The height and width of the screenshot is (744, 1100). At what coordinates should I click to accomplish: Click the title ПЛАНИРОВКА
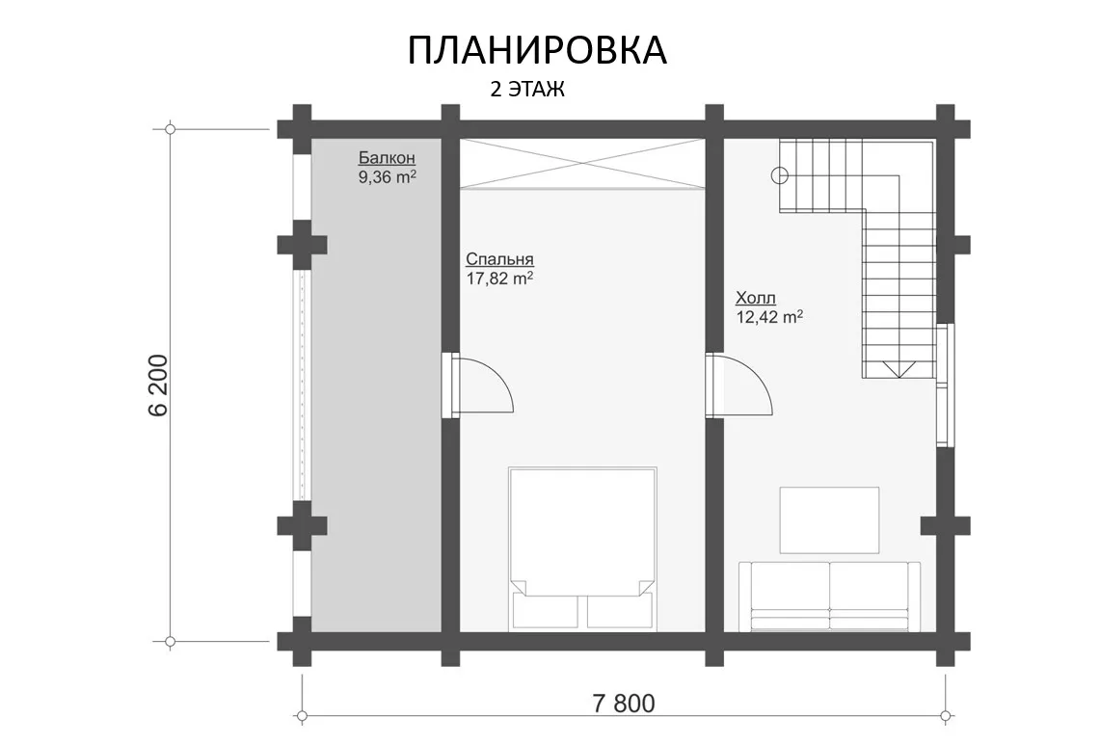(x=537, y=50)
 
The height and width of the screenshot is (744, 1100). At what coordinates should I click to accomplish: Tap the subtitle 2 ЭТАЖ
(x=526, y=90)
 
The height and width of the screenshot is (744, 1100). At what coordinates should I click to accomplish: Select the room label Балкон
(x=387, y=158)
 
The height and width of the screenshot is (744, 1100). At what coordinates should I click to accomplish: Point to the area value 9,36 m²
(x=388, y=176)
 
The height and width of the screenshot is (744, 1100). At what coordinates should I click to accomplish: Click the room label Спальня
(x=499, y=259)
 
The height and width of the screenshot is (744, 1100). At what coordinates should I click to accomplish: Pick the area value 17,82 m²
(x=499, y=279)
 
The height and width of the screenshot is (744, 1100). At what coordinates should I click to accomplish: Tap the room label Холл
(x=756, y=298)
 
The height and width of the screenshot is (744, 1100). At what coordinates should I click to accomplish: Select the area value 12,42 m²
(x=769, y=317)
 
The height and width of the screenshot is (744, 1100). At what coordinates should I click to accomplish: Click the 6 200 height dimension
(x=159, y=385)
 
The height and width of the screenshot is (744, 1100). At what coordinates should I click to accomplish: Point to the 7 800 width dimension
(x=624, y=704)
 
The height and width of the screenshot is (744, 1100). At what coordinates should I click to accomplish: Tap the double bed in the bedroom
(x=582, y=547)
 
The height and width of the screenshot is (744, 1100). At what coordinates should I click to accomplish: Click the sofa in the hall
(x=829, y=596)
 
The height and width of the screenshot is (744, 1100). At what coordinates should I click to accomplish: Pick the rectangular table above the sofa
(x=829, y=519)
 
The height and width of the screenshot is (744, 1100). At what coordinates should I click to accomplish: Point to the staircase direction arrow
(x=899, y=369)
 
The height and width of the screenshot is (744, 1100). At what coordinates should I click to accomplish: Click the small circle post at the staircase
(x=779, y=175)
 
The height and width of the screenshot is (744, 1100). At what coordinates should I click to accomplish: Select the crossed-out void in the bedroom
(x=582, y=164)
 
